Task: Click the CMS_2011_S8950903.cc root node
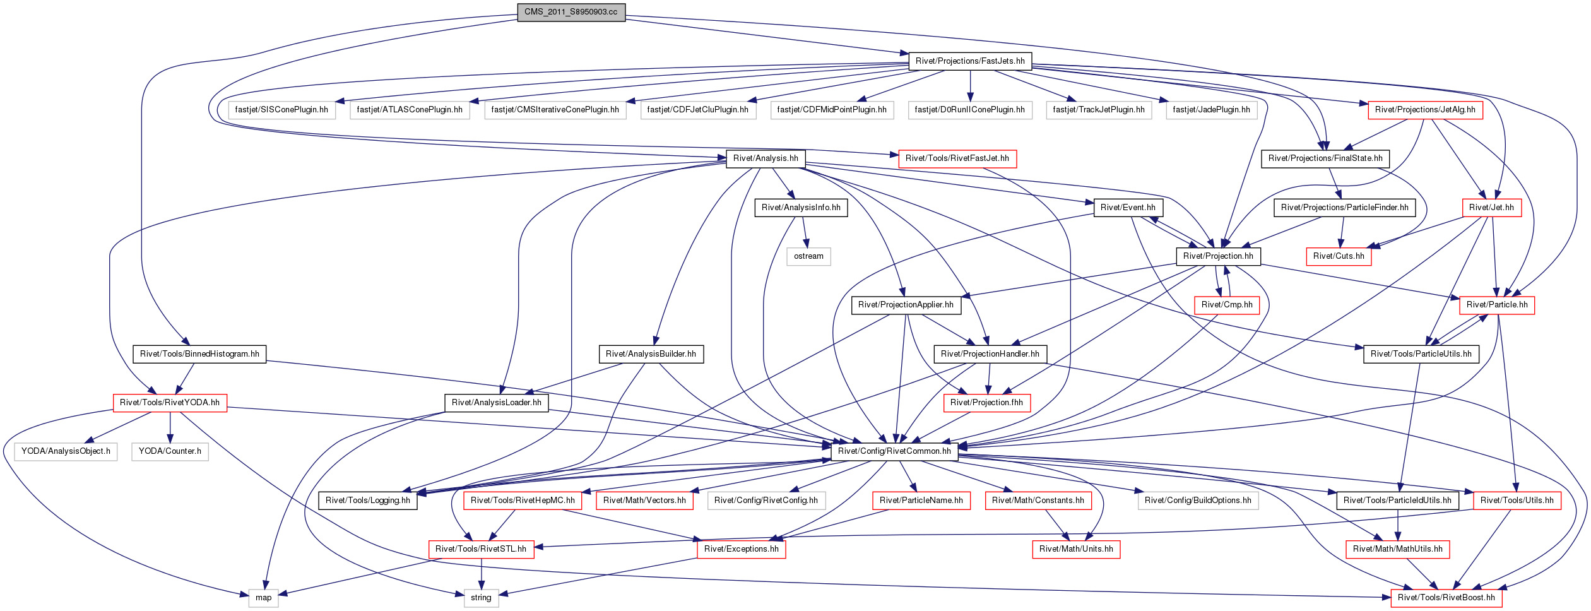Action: [x=571, y=12]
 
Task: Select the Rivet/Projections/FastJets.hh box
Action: [x=970, y=61]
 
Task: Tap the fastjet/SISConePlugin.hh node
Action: [x=281, y=110]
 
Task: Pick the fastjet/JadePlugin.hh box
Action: [x=1211, y=110]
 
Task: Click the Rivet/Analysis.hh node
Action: [x=766, y=158]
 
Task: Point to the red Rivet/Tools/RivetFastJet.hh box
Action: [x=957, y=158]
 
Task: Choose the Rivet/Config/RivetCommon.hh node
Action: [x=894, y=451]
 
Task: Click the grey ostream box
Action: [x=808, y=256]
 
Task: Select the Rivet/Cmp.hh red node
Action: [x=1227, y=305]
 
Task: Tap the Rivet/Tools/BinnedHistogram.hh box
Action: [x=199, y=354]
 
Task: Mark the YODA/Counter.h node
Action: [x=170, y=451]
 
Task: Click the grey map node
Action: [x=263, y=598]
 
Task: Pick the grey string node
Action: [x=481, y=598]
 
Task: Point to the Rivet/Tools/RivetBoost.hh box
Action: [x=1446, y=598]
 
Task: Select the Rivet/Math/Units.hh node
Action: [x=1076, y=549]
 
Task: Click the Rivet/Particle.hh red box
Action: [x=1497, y=305]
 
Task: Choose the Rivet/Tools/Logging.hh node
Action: [x=367, y=501]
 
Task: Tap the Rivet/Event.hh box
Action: [x=1128, y=208]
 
